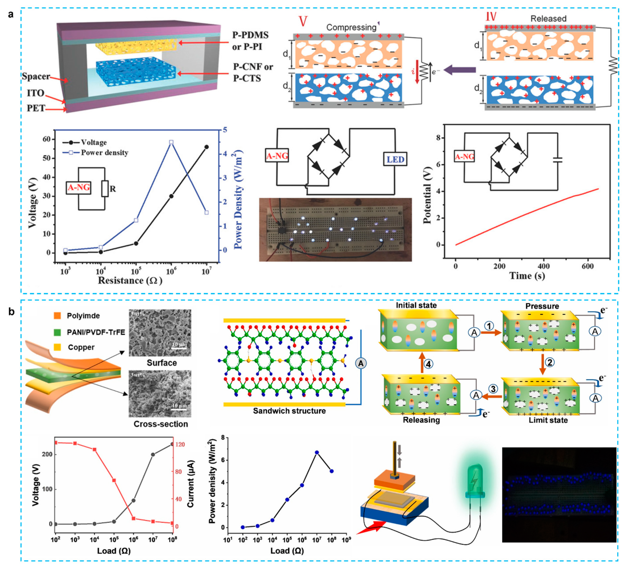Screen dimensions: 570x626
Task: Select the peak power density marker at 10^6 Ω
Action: [x=171, y=142]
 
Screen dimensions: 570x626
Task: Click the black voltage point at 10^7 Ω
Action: [x=206, y=147]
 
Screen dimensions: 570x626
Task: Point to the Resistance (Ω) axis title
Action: [x=130, y=280]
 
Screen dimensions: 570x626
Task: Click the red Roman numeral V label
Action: [x=303, y=21]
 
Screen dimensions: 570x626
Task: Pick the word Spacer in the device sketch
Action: [x=36, y=76]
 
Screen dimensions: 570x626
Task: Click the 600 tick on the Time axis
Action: [x=588, y=266]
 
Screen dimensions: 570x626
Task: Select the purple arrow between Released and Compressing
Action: [x=460, y=70]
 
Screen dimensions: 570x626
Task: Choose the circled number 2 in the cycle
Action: [x=550, y=362]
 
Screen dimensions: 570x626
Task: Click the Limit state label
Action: [x=548, y=420]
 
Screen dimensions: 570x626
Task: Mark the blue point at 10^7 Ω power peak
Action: [x=317, y=452]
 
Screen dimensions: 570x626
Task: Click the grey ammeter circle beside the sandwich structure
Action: [x=360, y=363]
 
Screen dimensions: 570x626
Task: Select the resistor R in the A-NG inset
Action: [x=105, y=188]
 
